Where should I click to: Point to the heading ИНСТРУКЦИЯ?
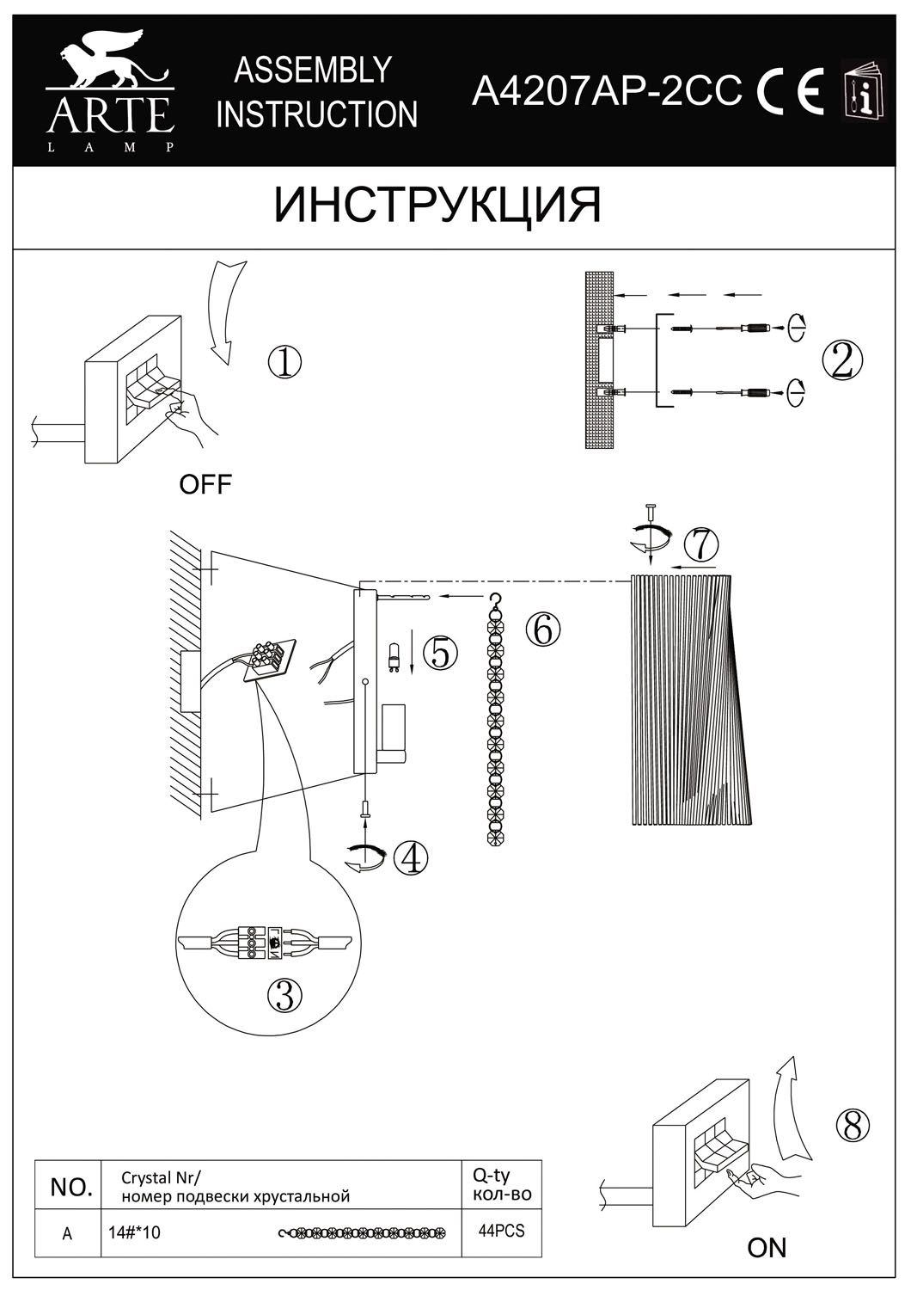tap(437, 206)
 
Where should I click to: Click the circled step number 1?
tap(284, 362)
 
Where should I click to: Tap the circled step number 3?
tap(285, 995)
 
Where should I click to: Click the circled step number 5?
tap(439, 654)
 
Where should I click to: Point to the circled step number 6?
tap(542, 630)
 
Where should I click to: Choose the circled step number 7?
tap(701, 544)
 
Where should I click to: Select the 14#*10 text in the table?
tap(137, 1232)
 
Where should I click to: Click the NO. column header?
tap(71, 1188)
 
